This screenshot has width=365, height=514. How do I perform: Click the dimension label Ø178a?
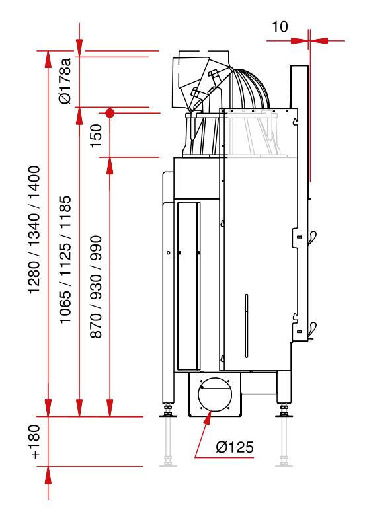[65, 81]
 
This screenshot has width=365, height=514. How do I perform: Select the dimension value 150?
[97, 135]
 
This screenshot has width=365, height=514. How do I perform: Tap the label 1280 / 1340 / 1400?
[34, 230]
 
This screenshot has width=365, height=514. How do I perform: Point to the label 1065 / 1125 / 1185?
[65, 259]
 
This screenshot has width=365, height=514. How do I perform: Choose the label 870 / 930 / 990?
[96, 287]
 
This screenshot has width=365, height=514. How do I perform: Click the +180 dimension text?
[34, 441]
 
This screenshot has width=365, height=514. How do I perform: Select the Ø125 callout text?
[235, 447]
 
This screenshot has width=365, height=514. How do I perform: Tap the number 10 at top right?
[280, 27]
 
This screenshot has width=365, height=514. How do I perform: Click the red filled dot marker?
[110, 114]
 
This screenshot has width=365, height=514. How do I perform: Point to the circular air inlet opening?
[215, 394]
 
